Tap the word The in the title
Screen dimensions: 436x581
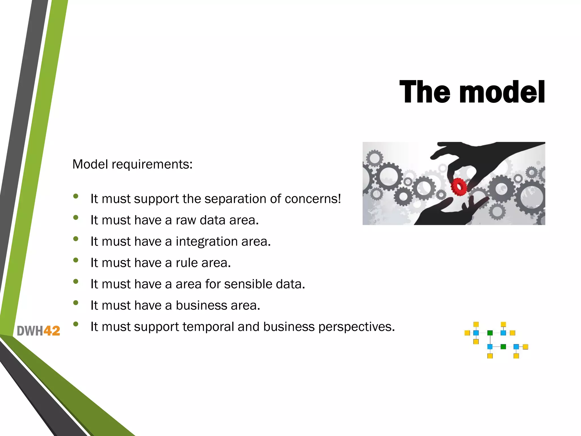[424, 92]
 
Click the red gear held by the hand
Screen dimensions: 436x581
[458, 186]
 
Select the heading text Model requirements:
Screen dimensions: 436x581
[132, 164]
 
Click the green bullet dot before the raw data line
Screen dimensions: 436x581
[75, 218]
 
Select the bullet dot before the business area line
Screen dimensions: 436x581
[75, 303]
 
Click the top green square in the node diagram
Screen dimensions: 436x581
[490, 333]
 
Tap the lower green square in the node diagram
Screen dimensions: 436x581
[503, 347]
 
